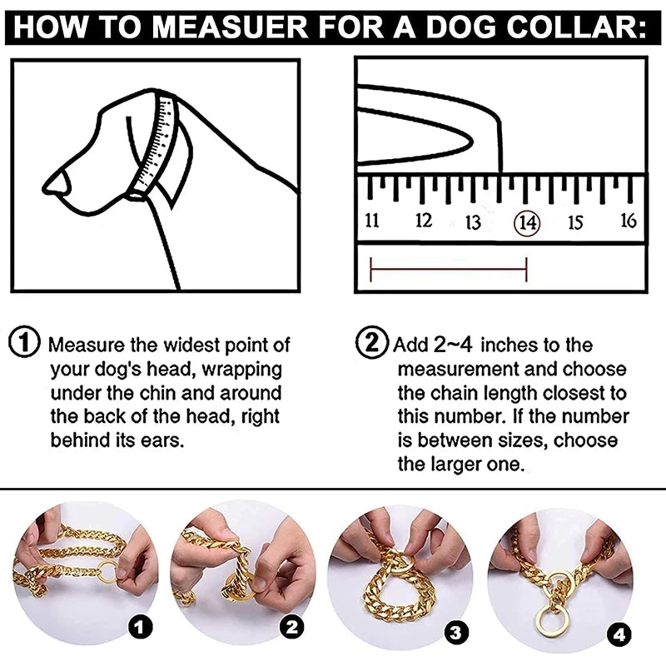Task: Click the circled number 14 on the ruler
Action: pos(527,222)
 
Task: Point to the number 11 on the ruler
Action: pos(372,221)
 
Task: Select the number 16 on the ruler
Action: pos(629,220)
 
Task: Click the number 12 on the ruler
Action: pos(424,221)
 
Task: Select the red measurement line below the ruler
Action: pos(448,269)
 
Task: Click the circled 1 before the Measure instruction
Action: pos(26,343)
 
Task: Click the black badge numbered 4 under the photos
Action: pos(619,635)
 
